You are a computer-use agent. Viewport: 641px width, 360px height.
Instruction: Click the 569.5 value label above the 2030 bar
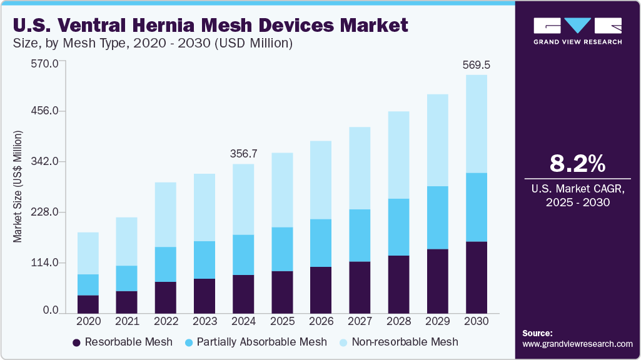click(476, 64)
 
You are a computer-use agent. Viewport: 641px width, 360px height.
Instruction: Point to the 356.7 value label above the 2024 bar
click(243, 153)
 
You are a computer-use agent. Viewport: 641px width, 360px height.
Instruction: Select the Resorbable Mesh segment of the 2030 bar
click(476, 277)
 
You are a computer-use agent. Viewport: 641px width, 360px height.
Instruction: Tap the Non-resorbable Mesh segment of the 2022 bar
click(166, 214)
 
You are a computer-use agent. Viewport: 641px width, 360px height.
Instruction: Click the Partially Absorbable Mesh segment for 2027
click(360, 236)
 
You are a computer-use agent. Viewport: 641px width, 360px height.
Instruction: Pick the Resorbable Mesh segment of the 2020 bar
click(88, 304)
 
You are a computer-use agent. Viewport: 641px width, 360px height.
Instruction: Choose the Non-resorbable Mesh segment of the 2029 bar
click(437, 140)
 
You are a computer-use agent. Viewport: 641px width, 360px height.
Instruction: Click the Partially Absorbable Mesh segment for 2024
click(243, 255)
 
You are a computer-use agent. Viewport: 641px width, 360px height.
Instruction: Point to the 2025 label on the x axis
click(282, 321)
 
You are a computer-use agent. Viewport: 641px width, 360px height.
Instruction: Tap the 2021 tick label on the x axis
click(127, 321)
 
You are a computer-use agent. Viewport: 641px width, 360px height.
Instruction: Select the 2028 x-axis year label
click(398, 321)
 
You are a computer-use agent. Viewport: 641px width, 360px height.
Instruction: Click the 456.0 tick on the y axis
click(44, 111)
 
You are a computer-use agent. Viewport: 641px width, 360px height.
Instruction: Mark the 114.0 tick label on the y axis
click(44, 262)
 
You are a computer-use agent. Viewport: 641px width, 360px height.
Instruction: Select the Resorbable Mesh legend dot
click(77, 342)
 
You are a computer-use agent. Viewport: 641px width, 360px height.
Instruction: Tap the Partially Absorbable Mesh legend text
click(261, 342)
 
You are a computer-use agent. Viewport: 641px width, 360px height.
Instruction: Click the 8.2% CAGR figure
click(577, 164)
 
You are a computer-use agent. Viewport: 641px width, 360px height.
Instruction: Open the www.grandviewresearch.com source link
click(577, 344)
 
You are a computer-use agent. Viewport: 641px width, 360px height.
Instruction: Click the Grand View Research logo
click(577, 31)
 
